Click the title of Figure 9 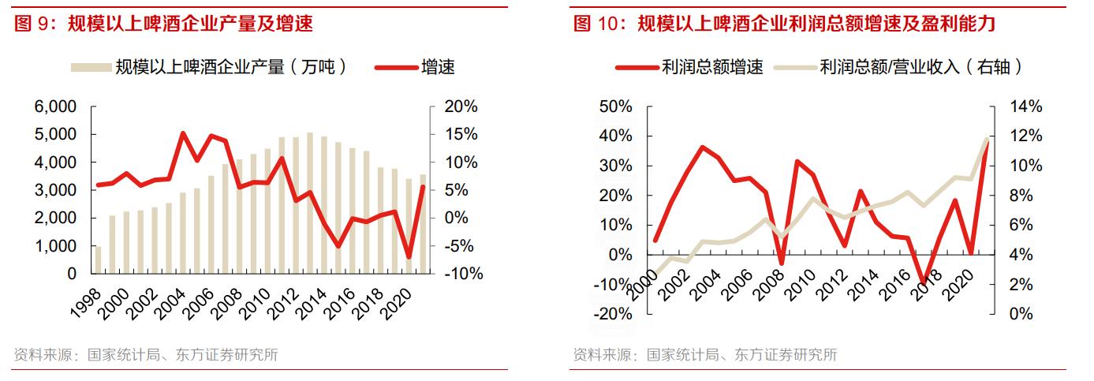[x=164, y=24]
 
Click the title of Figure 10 [x=784, y=24]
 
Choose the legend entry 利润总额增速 [x=689, y=67]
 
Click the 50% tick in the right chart [x=616, y=106]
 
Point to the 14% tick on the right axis [x=1027, y=106]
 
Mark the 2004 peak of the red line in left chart [x=183, y=133]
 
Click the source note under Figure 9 [x=146, y=355]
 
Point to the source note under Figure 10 [x=705, y=355]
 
